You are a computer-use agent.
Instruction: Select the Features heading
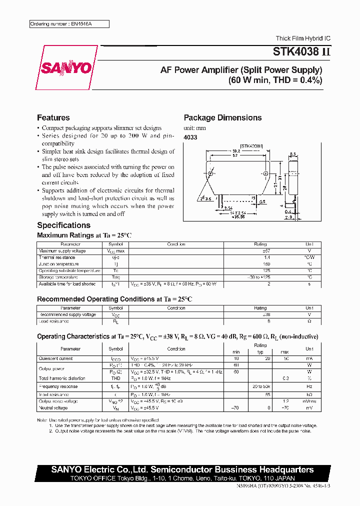53,118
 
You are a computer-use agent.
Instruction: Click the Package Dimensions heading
222,118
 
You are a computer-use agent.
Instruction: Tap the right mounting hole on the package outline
265,173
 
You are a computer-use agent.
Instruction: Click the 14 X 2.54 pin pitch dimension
233,213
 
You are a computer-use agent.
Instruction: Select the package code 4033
190,137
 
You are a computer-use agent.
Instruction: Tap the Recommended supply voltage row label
67,315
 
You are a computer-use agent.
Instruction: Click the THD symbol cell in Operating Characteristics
115,378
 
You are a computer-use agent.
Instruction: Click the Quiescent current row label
56,358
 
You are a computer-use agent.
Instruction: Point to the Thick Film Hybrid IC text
303,38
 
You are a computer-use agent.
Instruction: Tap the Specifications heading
63,225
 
